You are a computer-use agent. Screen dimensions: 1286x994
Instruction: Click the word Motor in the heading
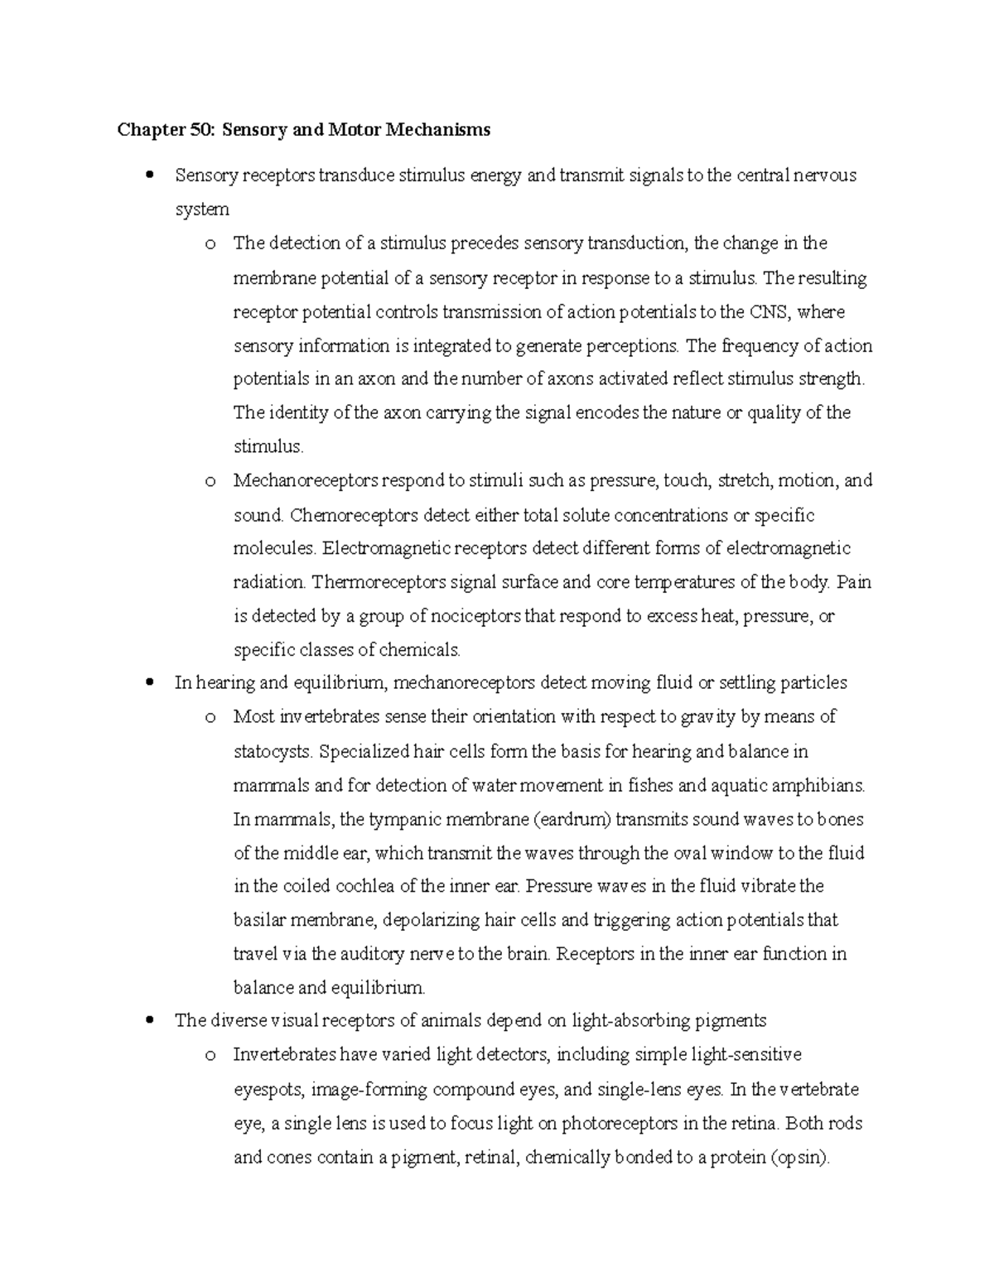click(342, 130)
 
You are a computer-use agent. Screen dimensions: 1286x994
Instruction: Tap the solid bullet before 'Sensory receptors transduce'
click(149, 176)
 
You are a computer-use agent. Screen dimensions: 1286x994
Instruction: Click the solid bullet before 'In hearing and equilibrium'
click(149, 683)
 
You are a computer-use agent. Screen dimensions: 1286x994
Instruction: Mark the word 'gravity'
click(707, 717)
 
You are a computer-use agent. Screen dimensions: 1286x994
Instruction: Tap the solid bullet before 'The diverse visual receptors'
click(149, 1021)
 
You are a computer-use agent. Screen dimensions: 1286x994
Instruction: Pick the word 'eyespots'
click(269, 1090)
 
